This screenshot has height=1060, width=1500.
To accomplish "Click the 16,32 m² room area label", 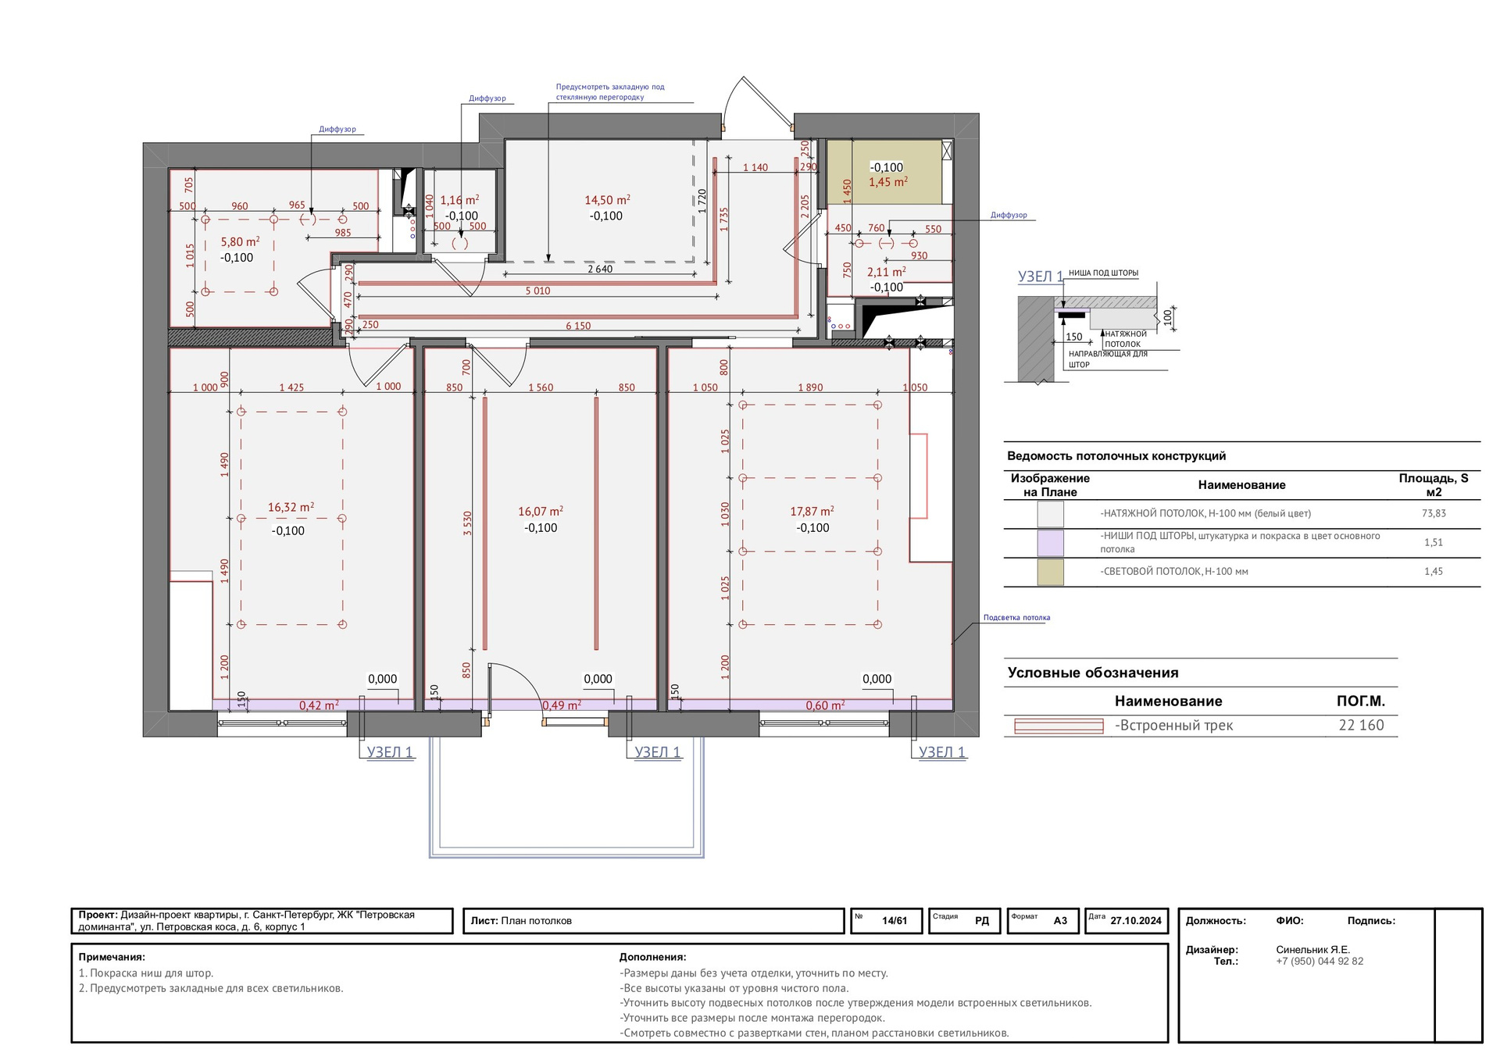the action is point(291,508).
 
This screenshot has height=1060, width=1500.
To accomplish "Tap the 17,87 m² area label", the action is point(812,512).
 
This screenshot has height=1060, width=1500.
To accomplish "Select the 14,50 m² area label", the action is point(607,200).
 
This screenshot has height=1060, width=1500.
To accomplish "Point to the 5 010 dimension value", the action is point(537,291).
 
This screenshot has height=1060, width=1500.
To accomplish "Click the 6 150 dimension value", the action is point(578,327).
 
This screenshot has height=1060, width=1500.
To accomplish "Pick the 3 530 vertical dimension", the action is point(468,523).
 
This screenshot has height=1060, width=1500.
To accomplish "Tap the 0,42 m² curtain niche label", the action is point(319,705).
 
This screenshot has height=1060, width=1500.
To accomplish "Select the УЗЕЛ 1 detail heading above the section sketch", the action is point(1040,277).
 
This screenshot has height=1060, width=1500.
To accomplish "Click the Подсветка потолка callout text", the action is point(1016,618).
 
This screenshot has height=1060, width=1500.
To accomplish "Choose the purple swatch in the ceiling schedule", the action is point(1050,543).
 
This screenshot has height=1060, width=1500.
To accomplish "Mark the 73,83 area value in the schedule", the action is point(1434,514).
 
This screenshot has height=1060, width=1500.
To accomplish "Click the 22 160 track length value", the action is point(1361,726).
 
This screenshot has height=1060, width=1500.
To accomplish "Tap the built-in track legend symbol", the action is point(1059,726).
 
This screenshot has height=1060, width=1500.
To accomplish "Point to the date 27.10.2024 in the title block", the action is point(1136,921).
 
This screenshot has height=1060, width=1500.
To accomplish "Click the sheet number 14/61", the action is point(895,921).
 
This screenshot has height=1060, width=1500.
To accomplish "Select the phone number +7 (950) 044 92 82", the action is point(1320,962).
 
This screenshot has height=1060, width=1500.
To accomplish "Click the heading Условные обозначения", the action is point(1093,673).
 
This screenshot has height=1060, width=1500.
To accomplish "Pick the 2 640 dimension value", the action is point(600,269).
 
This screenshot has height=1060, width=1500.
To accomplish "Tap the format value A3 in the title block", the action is point(1060,921).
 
